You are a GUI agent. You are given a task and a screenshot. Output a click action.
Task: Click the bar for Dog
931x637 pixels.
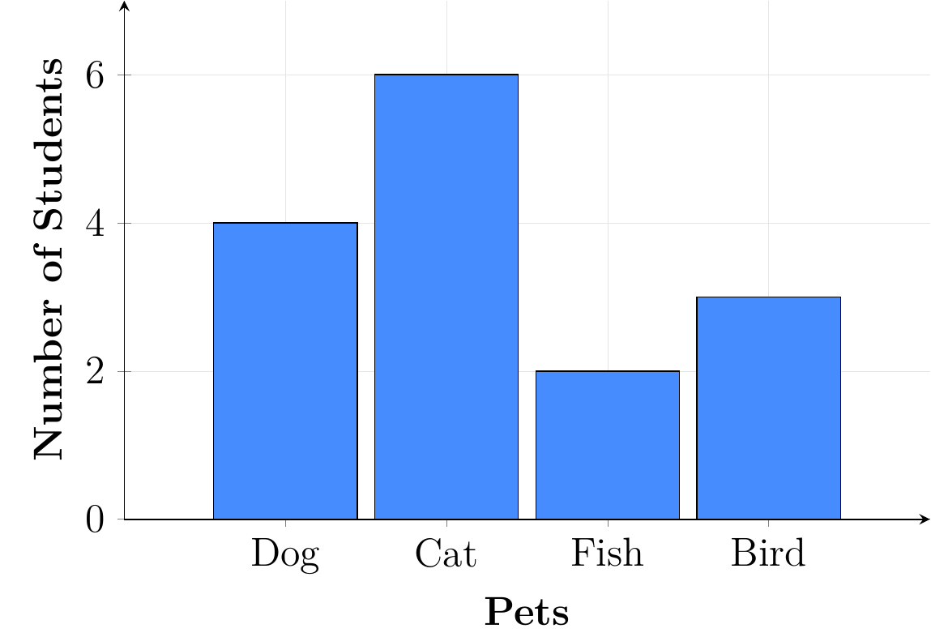click(285, 370)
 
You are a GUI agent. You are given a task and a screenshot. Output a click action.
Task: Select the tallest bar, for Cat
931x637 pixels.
click(446, 297)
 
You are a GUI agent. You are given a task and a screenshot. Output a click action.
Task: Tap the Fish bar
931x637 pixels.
click(608, 445)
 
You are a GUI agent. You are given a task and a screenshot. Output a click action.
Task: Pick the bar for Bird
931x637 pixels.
click(768, 408)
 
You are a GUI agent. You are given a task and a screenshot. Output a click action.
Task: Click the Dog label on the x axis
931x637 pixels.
click(285, 556)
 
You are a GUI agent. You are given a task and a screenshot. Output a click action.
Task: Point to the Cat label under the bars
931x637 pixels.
click(446, 554)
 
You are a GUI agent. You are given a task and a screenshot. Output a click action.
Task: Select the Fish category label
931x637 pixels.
click(608, 554)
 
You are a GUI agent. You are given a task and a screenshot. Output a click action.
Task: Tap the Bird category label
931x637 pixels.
click(768, 554)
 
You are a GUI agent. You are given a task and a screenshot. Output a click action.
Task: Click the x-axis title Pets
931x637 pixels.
click(527, 613)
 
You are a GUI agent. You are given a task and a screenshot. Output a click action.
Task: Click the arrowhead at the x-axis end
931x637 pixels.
click(925, 519)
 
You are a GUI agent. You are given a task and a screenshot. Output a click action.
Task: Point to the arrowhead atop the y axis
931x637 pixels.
click(124, 6)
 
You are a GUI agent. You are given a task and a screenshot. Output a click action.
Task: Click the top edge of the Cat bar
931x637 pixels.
click(446, 75)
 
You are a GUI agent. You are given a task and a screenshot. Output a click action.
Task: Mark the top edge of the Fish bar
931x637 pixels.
click(608, 371)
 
